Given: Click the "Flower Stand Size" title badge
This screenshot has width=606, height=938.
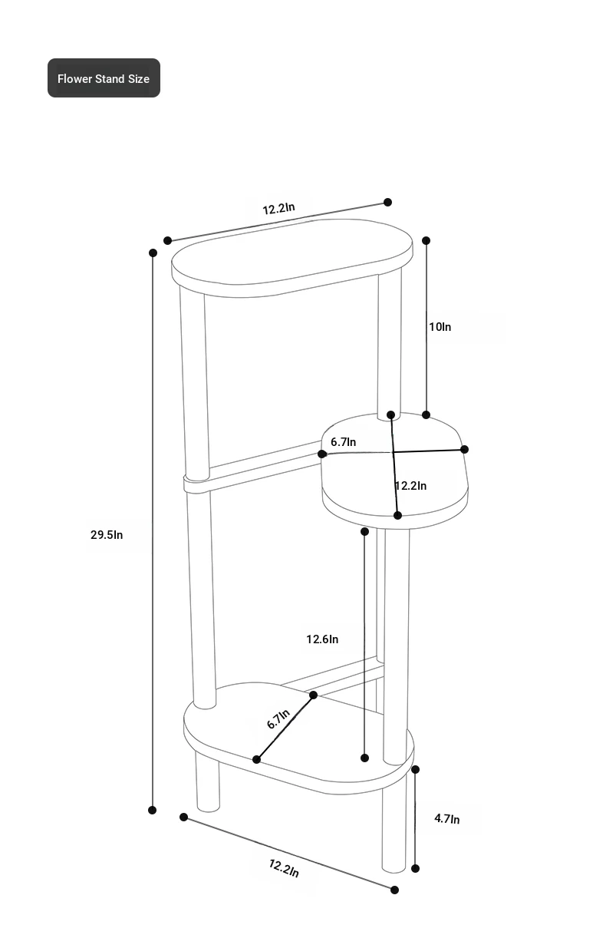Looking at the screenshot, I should coord(104,78).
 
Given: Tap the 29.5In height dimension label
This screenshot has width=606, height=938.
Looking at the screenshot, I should coord(107,535).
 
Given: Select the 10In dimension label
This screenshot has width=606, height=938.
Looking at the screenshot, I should coord(440,327).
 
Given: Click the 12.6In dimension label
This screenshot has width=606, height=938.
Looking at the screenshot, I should coord(322,639).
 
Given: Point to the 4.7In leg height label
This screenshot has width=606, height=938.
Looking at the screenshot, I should coord(446,819).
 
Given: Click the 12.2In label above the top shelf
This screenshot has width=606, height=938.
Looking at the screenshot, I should coord(278,209).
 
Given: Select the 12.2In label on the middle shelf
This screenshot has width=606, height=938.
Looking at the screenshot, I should coord(410,486).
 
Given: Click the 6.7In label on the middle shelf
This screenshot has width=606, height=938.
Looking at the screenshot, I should coord(343,442).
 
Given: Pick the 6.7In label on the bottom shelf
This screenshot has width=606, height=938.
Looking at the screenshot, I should coord(278,718).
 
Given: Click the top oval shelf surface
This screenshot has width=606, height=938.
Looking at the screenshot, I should coord(291,257).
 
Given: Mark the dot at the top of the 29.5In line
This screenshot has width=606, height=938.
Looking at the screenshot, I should coord(153,253).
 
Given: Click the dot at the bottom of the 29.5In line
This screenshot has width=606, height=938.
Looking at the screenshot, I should coord(153,810).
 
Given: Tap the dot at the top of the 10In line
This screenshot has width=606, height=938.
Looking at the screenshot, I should coord(427,240).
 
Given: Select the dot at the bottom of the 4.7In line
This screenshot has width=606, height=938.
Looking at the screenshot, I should coord(415,869).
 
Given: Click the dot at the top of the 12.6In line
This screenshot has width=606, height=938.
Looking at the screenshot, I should coord(365,531).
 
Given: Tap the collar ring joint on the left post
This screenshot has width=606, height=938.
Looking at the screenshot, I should coord(196,484).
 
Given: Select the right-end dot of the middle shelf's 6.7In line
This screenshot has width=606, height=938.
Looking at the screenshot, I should coord(464,449).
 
